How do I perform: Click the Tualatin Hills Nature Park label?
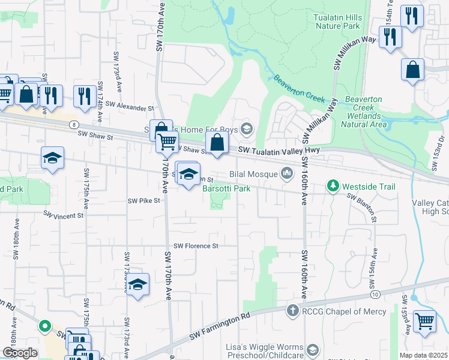[x=337, y=22]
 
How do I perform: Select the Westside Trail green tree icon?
[x=333, y=187]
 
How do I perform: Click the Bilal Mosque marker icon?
[x=287, y=174]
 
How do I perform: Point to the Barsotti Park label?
[x=226, y=188]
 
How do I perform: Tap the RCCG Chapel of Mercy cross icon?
[x=292, y=311]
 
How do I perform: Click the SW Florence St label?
[x=196, y=246]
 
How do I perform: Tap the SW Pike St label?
[x=144, y=201]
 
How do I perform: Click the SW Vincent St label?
[x=63, y=215]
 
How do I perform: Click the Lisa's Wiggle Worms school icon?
[x=313, y=350]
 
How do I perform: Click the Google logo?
[x=20, y=353]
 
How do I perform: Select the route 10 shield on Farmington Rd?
[x=375, y=295]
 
